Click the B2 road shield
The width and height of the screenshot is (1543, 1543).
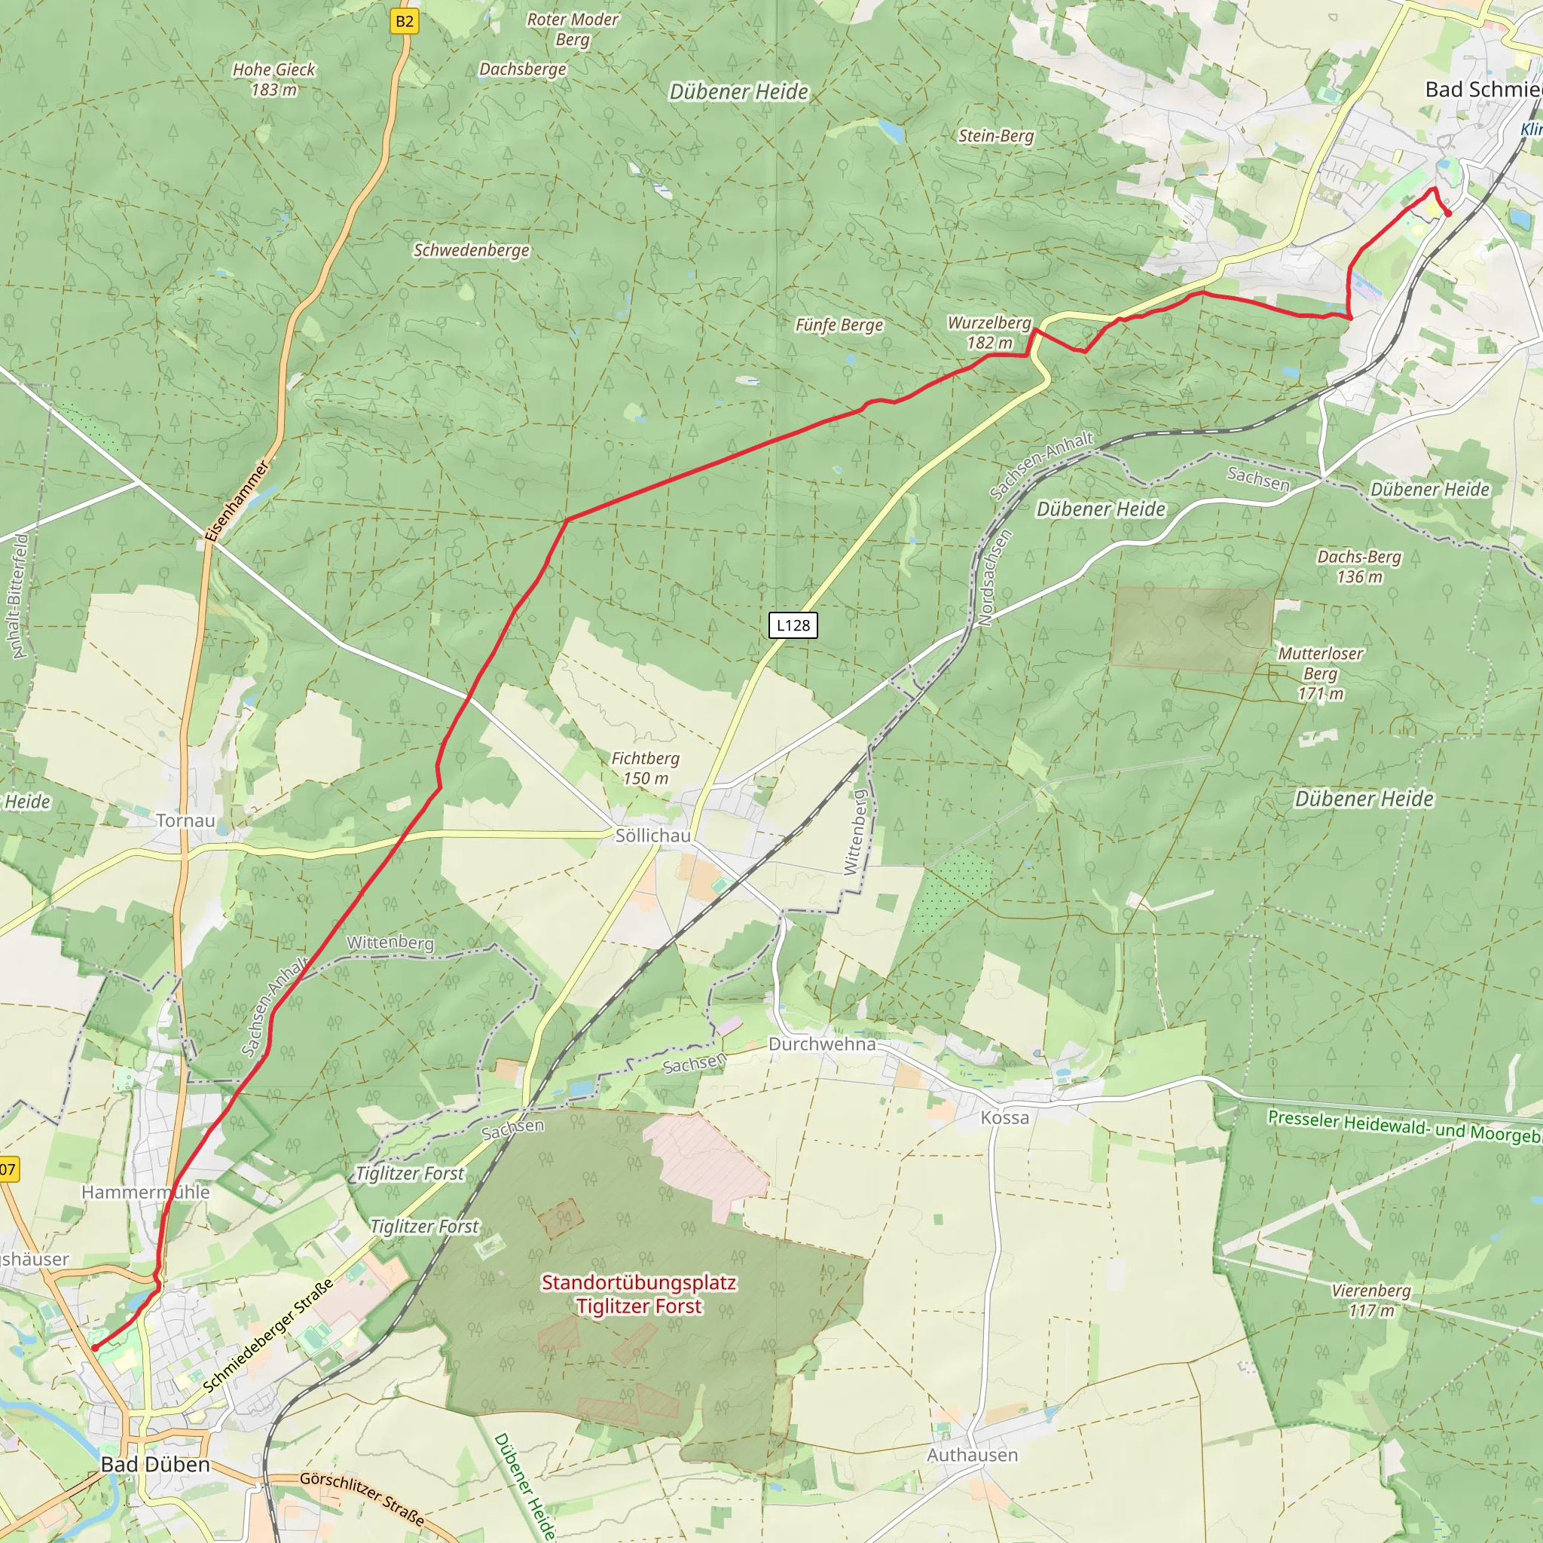pyautogui.click(x=405, y=22)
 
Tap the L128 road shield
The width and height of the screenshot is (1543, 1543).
pyautogui.click(x=793, y=625)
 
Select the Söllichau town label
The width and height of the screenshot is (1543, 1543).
pyautogui.click(x=652, y=836)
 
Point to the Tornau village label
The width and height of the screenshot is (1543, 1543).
pyautogui.click(x=185, y=820)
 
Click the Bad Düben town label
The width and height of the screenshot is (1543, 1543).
pyautogui.click(x=155, y=1465)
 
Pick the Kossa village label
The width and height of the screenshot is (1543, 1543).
pyautogui.click(x=1005, y=1117)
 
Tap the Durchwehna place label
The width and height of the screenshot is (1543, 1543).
pyautogui.click(x=822, y=1043)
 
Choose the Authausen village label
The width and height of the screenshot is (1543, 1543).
pyautogui.click(x=972, y=1455)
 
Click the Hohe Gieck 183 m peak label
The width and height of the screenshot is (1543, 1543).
pyautogui.click(x=274, y=80)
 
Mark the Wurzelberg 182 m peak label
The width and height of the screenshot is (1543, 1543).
pyautogui.click(x=989, y=332)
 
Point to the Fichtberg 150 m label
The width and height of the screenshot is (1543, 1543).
pyautogui.click(x=646, y=768)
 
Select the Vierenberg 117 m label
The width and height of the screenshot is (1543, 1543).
pyautogui.click(x=1370, y=1300)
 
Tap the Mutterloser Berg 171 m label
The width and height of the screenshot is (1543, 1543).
pyautogui.click(x=1321, y=674)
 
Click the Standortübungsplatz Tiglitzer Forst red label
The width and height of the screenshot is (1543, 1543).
pyautogui.click(x=639, y=1294)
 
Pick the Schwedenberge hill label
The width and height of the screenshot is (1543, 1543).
pyautogui.click(x=471, y=250)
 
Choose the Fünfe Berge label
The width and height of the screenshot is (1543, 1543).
pyautogui.click(x=839, y=325)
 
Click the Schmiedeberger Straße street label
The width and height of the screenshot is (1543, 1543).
pyautogui.click(x=267, y=1336)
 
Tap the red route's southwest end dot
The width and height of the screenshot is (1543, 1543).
pyautogui.click(x=94, y=1347)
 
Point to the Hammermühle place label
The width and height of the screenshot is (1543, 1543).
pyautogui.click(x=145, y=1193)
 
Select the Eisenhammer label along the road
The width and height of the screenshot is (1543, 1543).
pyautogui.click(x=237, y=501)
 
